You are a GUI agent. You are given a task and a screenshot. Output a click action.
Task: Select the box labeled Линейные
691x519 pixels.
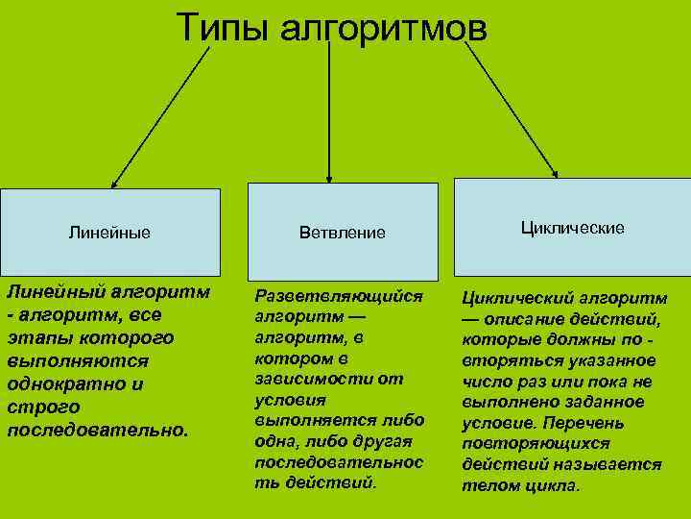(109, 232)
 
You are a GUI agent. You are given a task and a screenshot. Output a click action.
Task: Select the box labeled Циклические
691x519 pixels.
(572, 228)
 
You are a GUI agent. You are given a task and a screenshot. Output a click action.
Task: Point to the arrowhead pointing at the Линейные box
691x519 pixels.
(114, 182)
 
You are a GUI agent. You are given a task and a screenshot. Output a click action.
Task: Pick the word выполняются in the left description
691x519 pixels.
(78, 360)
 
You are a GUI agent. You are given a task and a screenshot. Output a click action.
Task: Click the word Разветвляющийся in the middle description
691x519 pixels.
(338, 295)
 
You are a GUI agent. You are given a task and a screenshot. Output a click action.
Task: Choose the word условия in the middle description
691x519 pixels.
(291, 399)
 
